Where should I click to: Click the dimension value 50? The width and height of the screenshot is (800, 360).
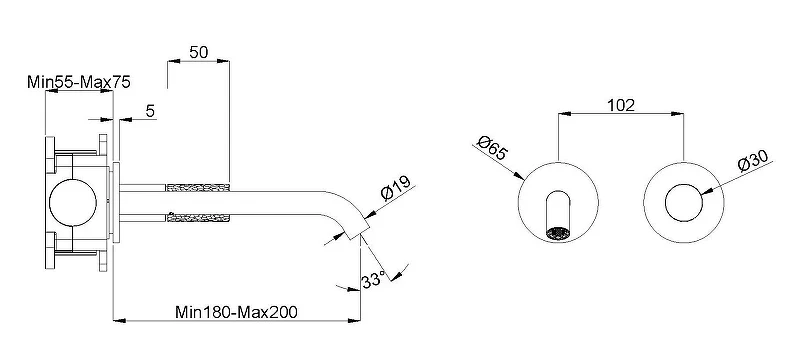point(199,52)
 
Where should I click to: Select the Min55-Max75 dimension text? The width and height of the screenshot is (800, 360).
point(79,82)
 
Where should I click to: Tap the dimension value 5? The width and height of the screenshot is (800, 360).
point(150,111)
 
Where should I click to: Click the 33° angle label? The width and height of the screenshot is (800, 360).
point(373,280)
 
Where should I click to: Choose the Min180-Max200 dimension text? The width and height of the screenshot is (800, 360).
point(236,312)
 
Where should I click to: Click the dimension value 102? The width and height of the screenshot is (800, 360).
point(621,105)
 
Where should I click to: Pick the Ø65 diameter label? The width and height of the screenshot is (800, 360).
point(492,147)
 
